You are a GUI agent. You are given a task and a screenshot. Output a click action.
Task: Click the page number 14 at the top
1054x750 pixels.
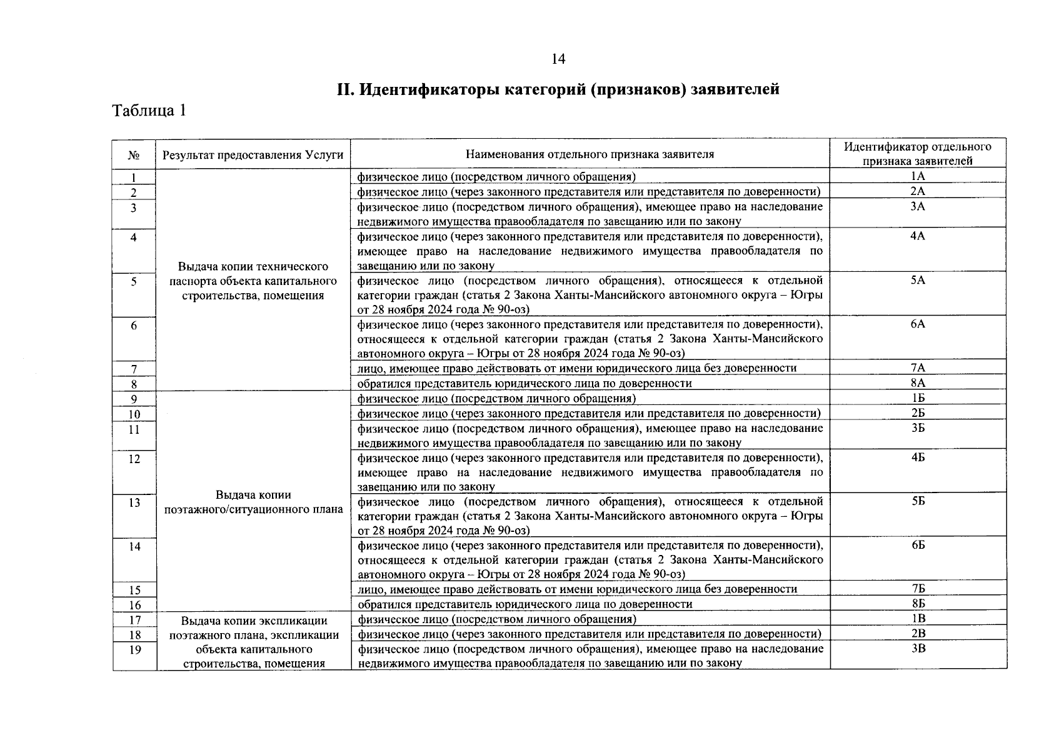tap(558, 59)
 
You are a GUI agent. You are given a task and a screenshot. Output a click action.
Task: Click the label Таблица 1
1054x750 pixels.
tap(149, 111)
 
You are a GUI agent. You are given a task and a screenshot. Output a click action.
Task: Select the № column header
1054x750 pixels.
tap(134, 154)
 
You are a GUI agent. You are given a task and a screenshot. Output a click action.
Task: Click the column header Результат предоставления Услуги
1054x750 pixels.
tap(253, 154)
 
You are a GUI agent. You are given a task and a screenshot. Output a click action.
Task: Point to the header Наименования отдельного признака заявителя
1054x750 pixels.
tap(590, 154)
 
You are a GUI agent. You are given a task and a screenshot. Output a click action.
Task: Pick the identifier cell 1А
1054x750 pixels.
tap(917, 176)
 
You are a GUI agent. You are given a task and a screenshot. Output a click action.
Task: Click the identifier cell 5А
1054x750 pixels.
tap(917, 281)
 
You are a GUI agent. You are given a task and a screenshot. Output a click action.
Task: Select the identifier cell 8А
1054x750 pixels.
tap(917, 382)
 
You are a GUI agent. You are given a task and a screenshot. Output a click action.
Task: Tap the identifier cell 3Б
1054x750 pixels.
tap(917, 428)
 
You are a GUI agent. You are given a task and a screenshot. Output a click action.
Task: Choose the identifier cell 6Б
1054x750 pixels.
tap(917, 546)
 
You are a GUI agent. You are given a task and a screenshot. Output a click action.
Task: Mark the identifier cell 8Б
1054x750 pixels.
tap(917, 604)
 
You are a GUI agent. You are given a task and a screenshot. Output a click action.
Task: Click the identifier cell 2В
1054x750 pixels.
tap(917, 634)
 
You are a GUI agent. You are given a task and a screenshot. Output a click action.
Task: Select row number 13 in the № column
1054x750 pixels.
tap(134, 502)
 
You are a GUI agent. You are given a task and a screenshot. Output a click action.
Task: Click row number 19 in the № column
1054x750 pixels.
tap(134, 649)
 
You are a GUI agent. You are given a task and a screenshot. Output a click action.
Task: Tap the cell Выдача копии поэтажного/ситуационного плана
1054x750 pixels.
tap(253, 502)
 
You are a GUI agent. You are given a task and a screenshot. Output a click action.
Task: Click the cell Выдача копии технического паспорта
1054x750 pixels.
tap(253, 281)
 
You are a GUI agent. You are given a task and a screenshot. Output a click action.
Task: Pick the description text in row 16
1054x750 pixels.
tap(524, 604)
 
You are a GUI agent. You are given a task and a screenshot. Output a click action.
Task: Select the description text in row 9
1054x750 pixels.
tap(496, 399)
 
